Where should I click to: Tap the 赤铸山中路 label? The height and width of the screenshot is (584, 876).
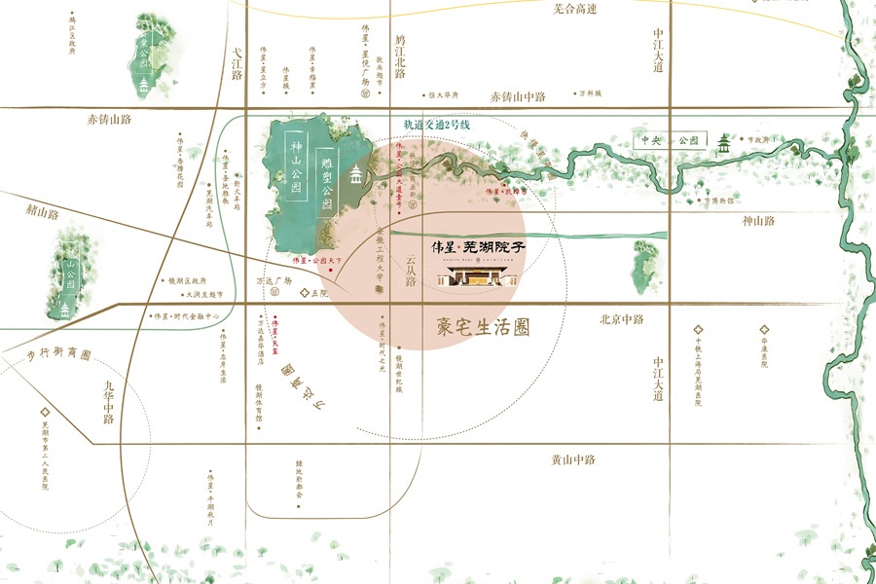[518, 96]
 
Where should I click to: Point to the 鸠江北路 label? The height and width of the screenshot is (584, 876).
[399, 57]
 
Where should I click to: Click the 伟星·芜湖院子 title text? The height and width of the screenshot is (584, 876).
[479, 247]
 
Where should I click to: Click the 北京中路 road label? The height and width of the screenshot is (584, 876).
[622, 318]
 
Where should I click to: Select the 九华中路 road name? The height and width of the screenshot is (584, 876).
[108, 403]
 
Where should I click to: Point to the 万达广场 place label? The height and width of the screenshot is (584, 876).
[274, 281]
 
